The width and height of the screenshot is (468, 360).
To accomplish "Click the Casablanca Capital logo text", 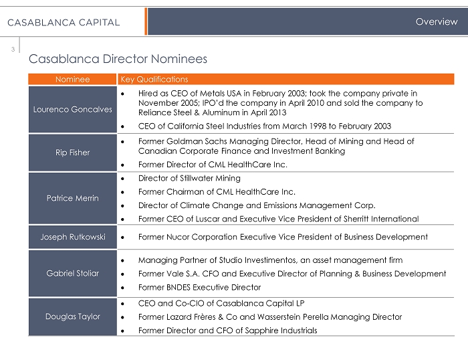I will point(64,22).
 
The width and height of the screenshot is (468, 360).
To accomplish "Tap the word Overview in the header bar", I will point(436,22).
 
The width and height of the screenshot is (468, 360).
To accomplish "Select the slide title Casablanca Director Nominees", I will point(118,59).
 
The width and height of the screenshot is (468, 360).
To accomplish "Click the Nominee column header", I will point(72,79).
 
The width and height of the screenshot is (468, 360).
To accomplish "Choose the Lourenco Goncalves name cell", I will point(72,109).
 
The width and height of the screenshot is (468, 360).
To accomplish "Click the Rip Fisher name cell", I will point(72,153).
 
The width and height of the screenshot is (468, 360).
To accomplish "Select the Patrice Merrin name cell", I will point(72,198).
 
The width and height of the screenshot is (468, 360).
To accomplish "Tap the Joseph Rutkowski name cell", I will point(72,237).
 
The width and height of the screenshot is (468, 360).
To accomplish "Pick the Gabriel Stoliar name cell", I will point(72,274).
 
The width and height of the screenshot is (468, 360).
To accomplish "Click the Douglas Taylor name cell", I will point(72,317).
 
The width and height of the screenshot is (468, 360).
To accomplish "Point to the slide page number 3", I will point(12,48).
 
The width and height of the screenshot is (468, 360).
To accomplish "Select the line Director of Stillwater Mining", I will point(189,179).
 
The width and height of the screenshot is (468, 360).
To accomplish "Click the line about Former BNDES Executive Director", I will point(199,288).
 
